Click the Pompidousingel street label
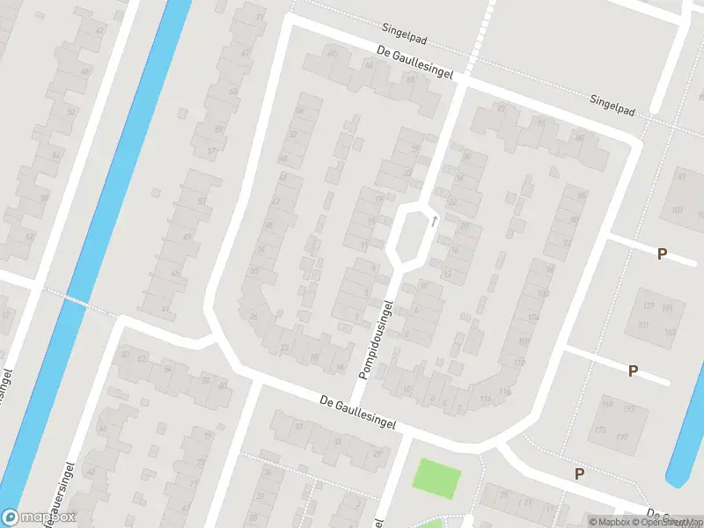tap(376, 340)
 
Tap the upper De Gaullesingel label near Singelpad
tap(414, 64)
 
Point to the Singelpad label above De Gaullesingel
tap(410, 28)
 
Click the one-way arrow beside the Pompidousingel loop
tap(434, 221)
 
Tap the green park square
tap(437, 479)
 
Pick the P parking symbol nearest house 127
tap(662, 254)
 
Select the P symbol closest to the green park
tap(579, 473)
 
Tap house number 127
tap(649, 306)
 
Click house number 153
tap(670, 332)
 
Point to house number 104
tap(533, 316)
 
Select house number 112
tap(519, 363)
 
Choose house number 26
tap(253, 316)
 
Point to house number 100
tap(543, 292)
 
